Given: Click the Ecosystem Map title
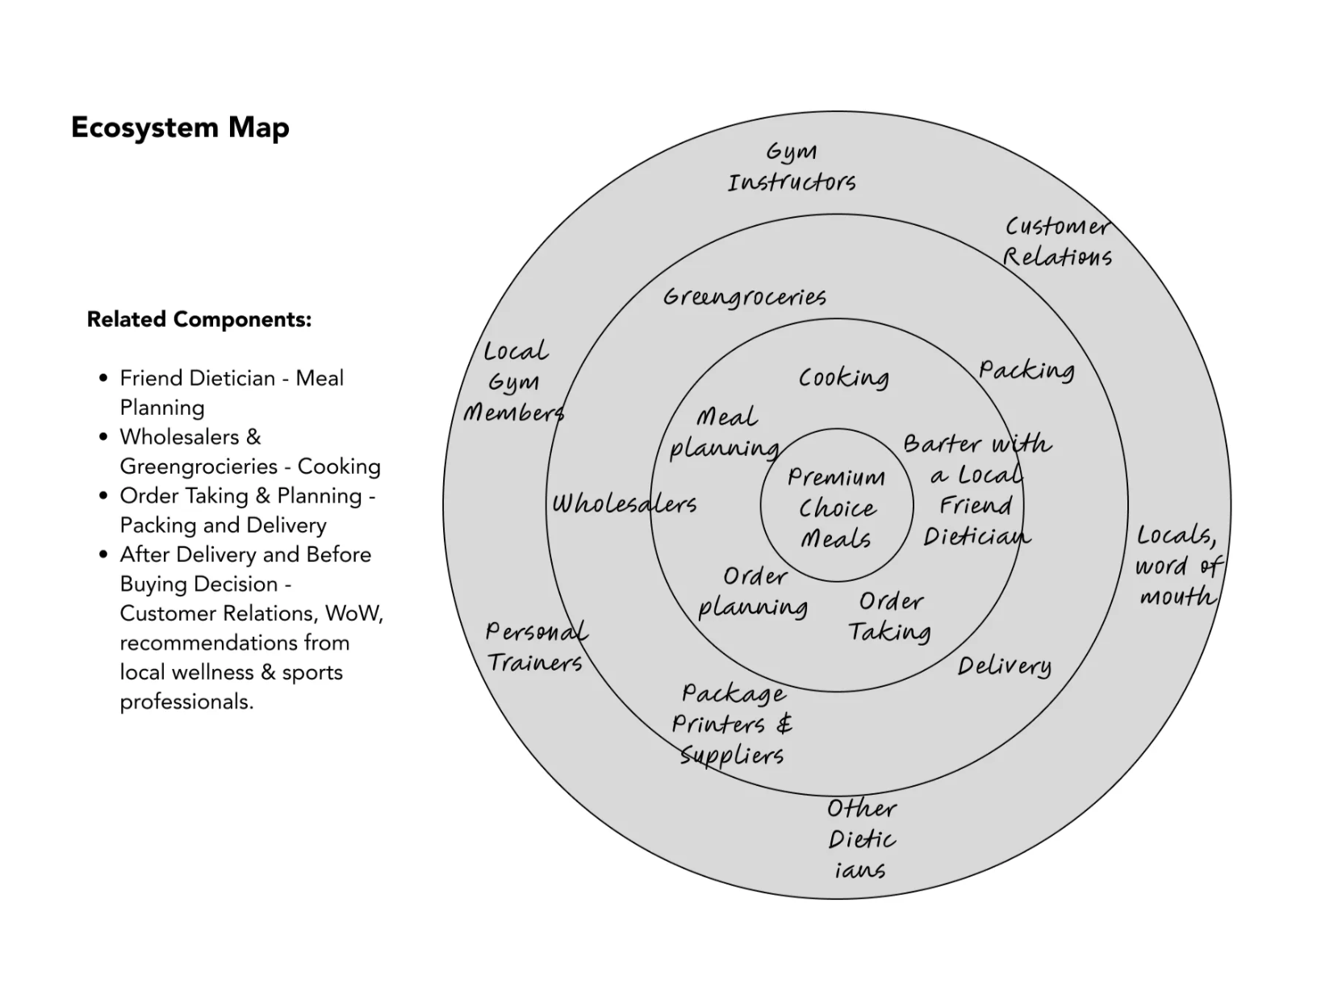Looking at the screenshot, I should coord(180,128).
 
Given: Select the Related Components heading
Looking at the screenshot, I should coord(199,320).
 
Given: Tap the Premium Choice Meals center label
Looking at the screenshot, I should coord(836,508).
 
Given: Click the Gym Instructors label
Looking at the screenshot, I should coord(791,167).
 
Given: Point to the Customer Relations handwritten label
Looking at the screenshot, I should coord(1057,241).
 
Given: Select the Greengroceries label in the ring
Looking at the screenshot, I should coord(744,297).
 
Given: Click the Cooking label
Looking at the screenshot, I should coord(843,378).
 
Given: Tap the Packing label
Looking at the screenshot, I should coord(1026,370).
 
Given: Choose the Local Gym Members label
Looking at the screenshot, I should coord(514,383).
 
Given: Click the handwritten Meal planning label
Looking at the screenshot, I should coord(725,433).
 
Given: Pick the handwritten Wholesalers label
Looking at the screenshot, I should coord(624,504).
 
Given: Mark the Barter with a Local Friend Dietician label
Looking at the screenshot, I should coord(976,490).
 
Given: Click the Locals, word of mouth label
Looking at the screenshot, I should coord(1177,566).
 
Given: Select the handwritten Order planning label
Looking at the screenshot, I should coord(753,592).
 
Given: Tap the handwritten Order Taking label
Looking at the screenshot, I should coord(890,617).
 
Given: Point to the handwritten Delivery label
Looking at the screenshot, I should coord(1004,667).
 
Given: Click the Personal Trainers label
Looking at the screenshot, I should coord(536,647).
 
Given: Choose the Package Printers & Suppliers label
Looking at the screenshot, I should coord(732,724).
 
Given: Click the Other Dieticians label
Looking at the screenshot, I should coord(861,839).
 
